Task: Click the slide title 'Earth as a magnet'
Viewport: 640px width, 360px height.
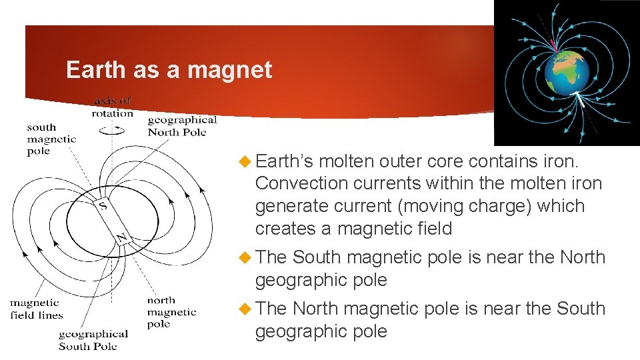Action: (169, 70)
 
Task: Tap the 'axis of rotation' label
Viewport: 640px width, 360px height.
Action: (113, 107)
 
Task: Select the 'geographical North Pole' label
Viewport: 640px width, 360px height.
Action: (182, 125)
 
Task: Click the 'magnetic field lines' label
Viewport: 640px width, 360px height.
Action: (36, 309)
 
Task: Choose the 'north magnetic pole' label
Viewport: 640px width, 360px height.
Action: (171, 312)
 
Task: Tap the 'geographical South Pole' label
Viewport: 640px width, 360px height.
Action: (93, 340)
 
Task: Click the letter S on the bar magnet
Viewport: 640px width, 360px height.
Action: (103, 205)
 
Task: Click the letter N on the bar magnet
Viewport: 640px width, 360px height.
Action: (122, 237)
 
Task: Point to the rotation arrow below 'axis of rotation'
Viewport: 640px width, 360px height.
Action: (111, 131)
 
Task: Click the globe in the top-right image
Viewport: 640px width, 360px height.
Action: (566, 72)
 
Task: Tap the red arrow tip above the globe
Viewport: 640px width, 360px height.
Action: (553, 45)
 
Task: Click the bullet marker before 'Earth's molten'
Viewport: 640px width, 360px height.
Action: (245, 161)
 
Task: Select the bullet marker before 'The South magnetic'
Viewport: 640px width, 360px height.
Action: (245, 257)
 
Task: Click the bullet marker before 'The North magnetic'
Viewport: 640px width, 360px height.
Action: (245, 309)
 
